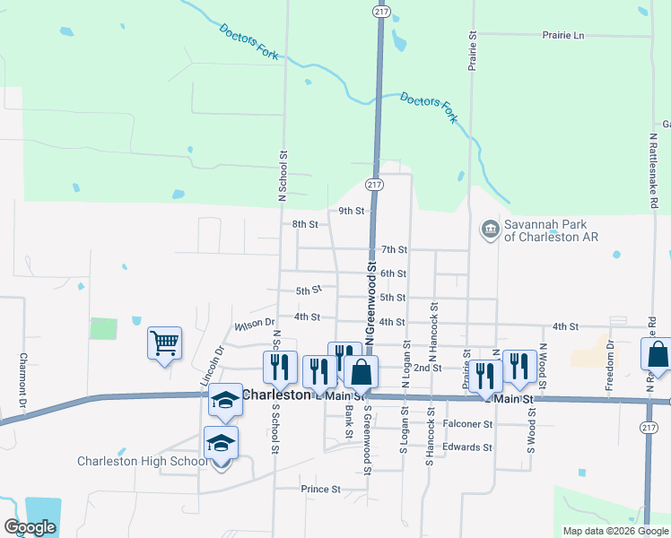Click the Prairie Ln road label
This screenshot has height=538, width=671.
(x=562, y=35)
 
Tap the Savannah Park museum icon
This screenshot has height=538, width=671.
(x=490, y=230)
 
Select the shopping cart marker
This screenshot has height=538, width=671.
(x=165, y=343)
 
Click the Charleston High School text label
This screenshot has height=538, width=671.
(x=142, y=462)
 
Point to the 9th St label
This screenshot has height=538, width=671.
(x=351, y=212)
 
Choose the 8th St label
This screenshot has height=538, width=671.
(x=305, y=224)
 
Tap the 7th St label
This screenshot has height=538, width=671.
(x=394, y=249)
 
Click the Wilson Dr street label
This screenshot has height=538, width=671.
(x=253, y=325)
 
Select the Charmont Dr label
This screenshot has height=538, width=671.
(x=24, y=377)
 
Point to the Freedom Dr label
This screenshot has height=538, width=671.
(x=610, y=357)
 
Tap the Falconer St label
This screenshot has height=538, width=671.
(x=468, y=423)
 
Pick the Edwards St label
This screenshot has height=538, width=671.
(x=468, y=447)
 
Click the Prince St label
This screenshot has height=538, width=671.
(x=320, y=490)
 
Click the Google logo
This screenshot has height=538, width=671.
(x=30, y=527)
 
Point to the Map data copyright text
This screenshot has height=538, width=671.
(x=614, y=531)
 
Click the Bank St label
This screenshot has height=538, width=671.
(x=349, y=422)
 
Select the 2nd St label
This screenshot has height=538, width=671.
(x=427, y=368)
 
